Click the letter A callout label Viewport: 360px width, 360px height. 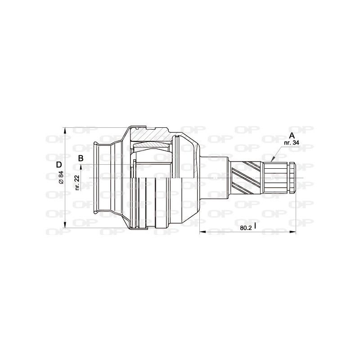292,135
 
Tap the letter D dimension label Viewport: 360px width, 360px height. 59,164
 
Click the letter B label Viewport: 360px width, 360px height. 81,158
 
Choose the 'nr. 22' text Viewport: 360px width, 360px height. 77,182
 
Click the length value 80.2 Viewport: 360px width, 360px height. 245,228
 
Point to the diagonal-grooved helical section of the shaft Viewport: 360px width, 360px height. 247,178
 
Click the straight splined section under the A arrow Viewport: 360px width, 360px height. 276,178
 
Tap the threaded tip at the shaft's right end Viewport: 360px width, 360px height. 292,178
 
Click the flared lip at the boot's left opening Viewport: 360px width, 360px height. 96,178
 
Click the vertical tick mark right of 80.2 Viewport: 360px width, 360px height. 255,226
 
